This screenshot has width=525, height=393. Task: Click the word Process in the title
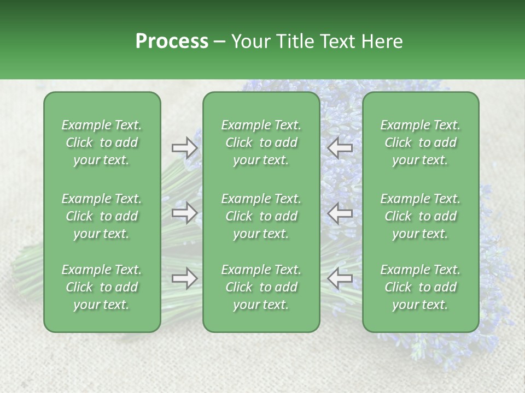[172, 41]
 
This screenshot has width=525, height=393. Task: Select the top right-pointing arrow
[184, 148]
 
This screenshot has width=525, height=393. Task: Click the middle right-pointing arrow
[184, 213]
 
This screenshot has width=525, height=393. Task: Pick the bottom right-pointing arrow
[184, 278]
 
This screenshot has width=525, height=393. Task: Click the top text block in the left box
[102, 142]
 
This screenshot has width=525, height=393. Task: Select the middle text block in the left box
[102, 216]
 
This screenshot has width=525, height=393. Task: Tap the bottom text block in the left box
[102, 287]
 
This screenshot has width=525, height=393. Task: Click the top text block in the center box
[261, 142]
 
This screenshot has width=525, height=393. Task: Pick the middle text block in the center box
[261, 216]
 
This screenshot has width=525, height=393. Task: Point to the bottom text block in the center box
[261, 287]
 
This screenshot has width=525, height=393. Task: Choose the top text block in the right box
[421, 142]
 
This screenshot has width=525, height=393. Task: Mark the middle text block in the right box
[421, 216]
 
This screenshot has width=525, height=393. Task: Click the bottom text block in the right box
[421, 287]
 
